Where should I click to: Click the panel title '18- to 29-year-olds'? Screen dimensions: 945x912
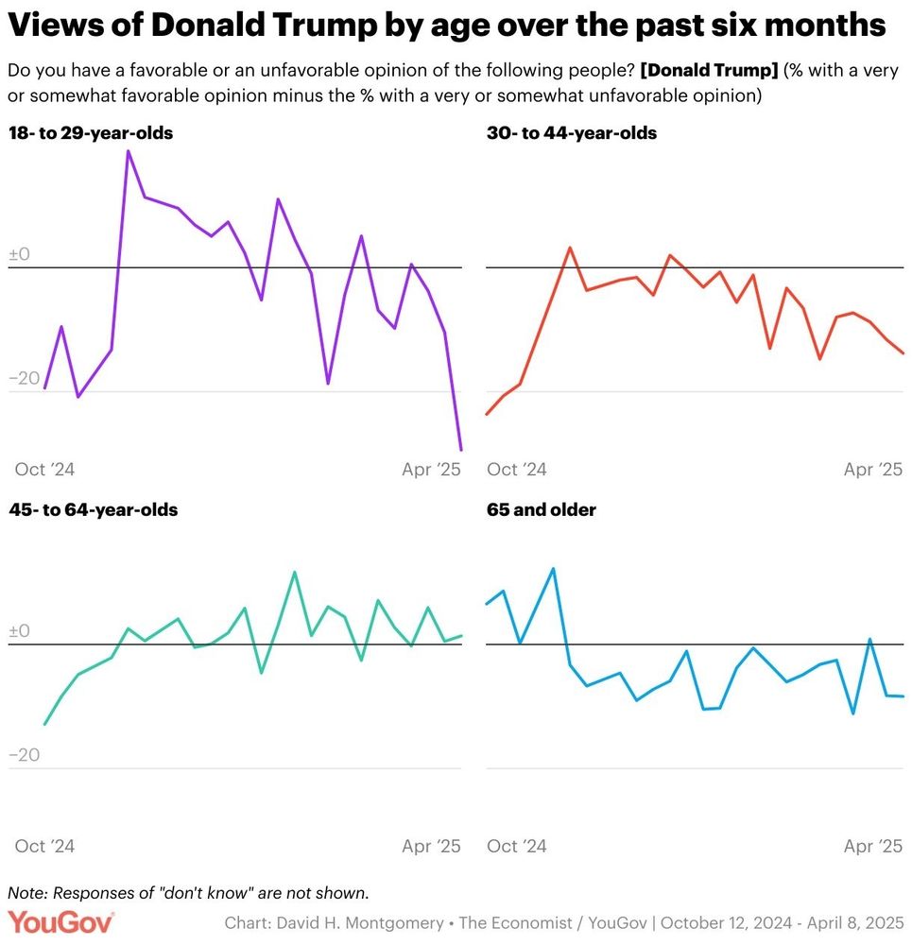(x=91, y=133)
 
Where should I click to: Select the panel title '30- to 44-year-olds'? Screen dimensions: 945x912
(x=572, y=133)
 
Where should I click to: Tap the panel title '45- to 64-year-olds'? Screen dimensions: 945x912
(x=93, y=510)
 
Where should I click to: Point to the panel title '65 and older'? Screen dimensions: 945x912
(x=542, y=510)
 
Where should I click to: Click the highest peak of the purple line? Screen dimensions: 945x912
(x=128, y=151)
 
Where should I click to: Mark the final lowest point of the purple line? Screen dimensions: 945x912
(x=461, y=450)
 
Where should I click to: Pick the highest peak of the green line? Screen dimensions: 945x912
(x=294, y=572)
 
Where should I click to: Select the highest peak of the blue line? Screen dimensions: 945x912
(x=553, y=569)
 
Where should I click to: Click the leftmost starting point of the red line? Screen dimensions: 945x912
(x=487, y=414)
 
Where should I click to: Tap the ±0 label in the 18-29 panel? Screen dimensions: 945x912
(x=20, y=255)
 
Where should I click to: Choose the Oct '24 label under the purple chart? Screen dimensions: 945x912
(x=44, y=470)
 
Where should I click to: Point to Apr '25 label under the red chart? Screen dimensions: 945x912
(x=873, y=470)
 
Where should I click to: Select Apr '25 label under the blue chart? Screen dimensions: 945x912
(x=873, y=846)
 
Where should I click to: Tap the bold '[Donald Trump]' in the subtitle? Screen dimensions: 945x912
(x=707, y=72)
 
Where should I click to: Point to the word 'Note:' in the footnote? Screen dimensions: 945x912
(x=27, y=893)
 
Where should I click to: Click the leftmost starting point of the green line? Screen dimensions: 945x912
(x=45, y=724)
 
